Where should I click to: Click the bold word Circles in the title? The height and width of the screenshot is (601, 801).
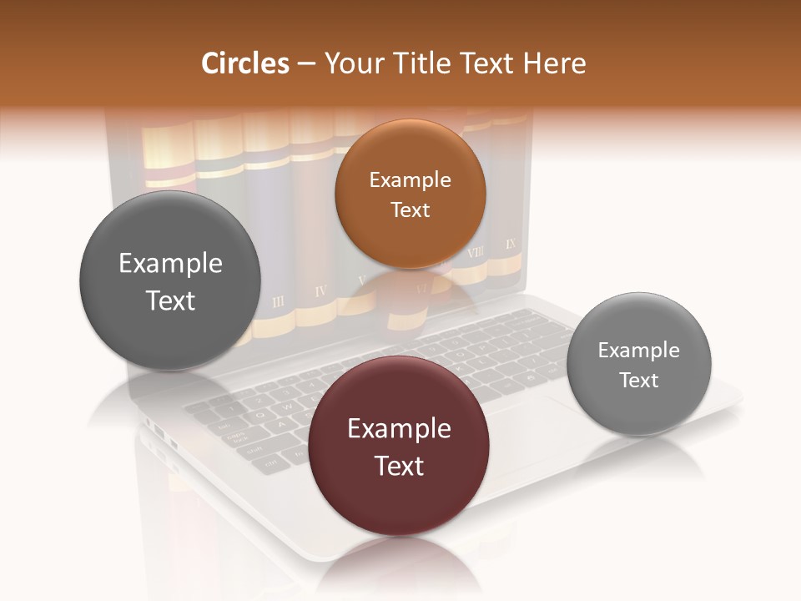pos(244,63)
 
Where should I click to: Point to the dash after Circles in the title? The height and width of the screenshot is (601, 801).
pos(307,64)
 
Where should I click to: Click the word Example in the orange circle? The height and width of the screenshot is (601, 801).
pos(410,180)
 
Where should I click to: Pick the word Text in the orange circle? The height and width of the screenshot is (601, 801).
pos(410,210)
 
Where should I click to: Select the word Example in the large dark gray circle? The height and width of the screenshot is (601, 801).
pos(170,264)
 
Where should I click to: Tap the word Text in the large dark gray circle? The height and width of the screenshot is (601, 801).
pos(170,300)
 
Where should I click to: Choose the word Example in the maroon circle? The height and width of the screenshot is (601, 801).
pos(399,429)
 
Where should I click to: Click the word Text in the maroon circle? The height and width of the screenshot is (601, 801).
pos(399,466)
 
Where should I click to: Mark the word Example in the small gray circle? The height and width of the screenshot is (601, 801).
pos(638,351)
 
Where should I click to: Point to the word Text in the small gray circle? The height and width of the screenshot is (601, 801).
pos(638,381)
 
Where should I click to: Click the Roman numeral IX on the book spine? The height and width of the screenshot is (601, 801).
pos(511,245)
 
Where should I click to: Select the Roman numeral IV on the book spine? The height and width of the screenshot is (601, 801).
pos(320,291)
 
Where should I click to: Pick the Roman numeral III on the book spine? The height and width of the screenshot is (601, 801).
pos(278,300)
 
